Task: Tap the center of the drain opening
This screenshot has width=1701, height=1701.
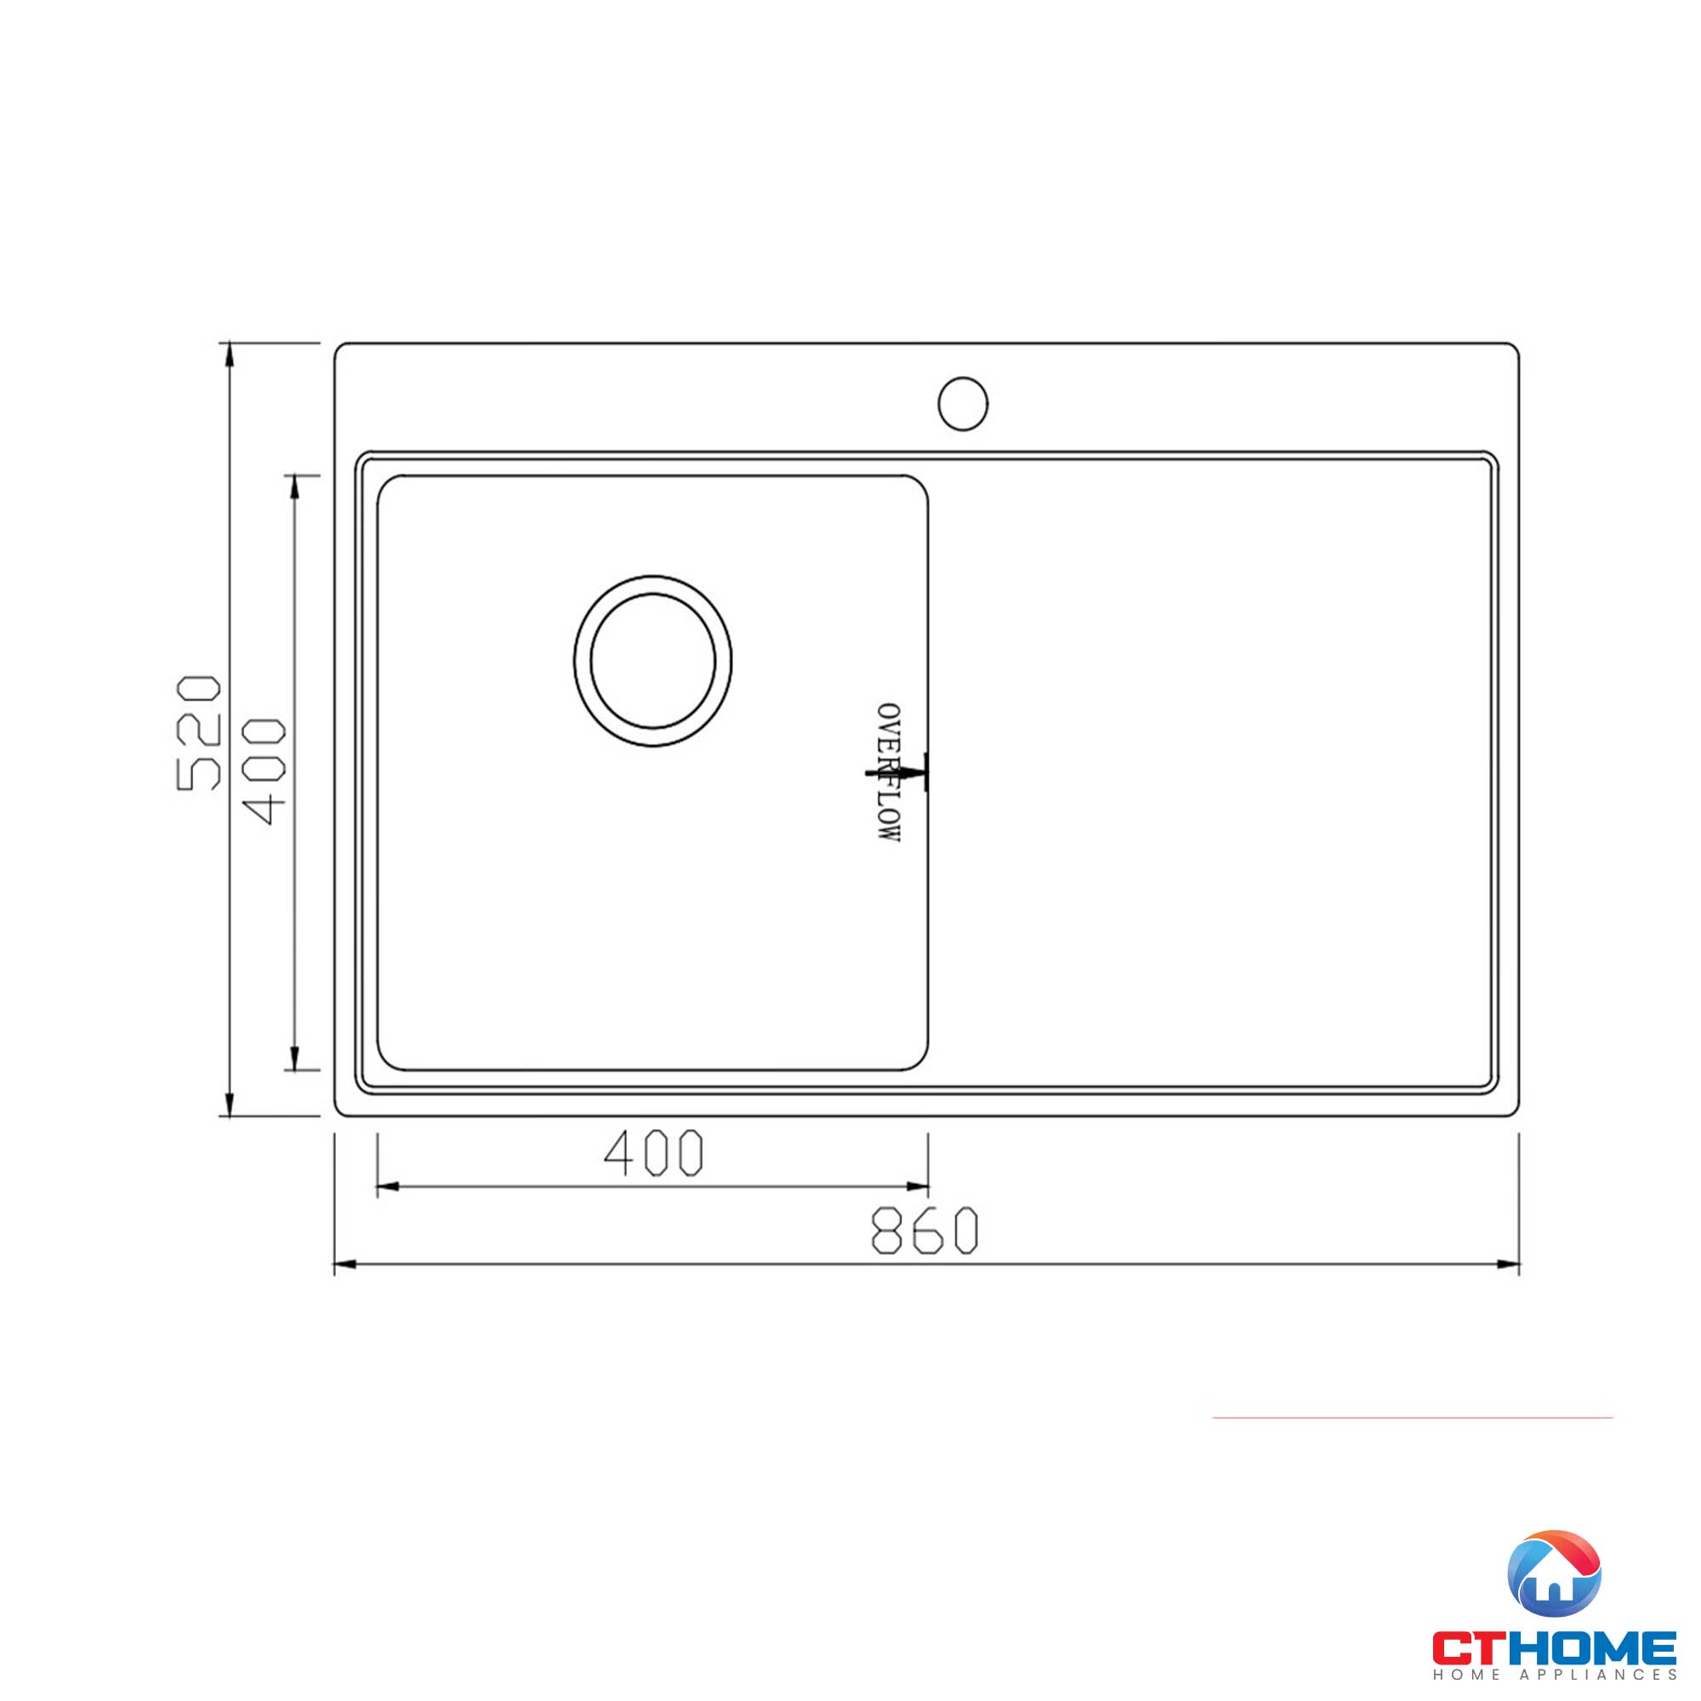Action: [652, 660]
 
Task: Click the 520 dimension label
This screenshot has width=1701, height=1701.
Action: [199, 732]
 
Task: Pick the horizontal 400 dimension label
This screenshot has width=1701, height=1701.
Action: [653, 1152]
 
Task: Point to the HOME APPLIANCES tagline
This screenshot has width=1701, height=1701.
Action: [1555, 1675]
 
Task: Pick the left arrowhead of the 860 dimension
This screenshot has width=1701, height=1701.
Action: [345, 1266]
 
